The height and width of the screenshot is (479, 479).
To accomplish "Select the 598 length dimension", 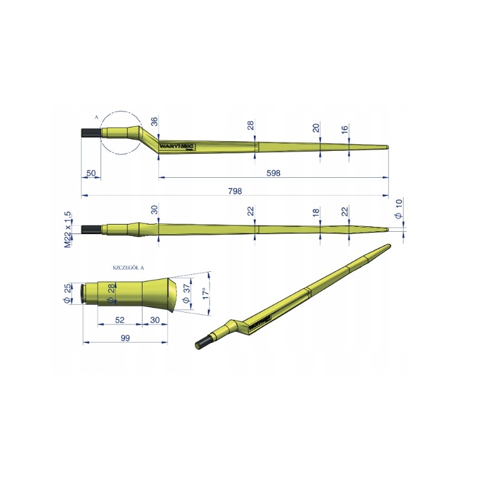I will pos(273,172).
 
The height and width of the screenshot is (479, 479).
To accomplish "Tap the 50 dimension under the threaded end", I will pos(91,172).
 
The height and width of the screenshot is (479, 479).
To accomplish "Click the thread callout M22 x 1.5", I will pos(68,229).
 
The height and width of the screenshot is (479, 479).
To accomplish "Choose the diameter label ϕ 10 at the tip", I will pos(399,212).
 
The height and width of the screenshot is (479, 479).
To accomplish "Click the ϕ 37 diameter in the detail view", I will pos(186,293).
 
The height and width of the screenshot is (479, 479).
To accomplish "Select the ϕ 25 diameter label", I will pos(67,293).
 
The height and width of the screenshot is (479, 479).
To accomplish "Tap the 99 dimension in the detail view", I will pos(125,338).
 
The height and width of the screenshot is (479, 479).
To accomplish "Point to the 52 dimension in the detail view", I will pos(120,320).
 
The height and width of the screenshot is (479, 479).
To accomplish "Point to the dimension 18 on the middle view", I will pos(316,213).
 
